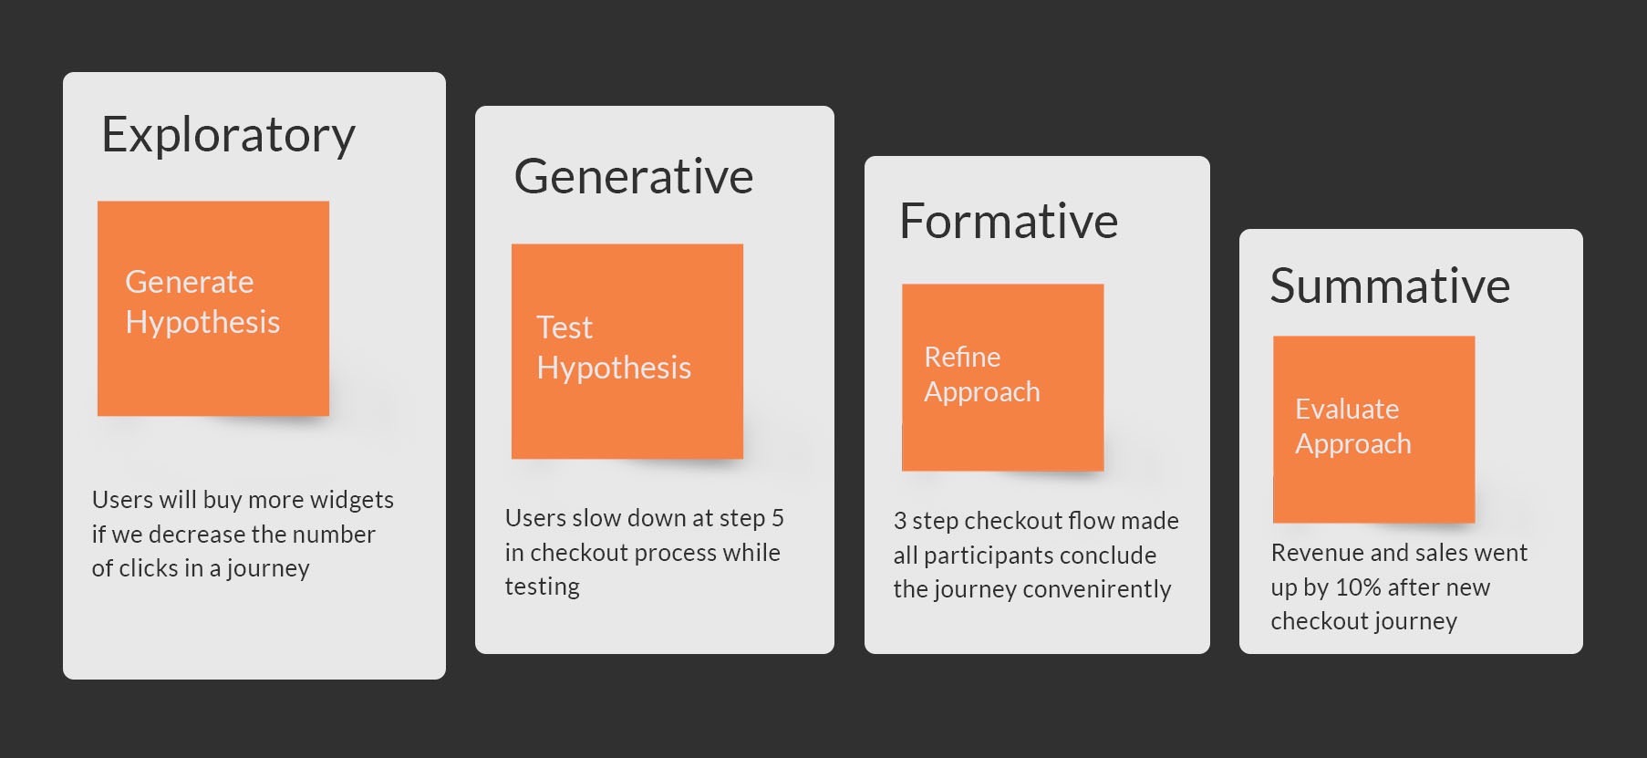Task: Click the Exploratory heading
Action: tap(228, 135)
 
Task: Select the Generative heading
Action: tap(633, 176)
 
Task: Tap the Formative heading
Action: tap(1008, 221)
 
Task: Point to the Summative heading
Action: tap(1389, 286)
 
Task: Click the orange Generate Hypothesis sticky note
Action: tap(213, 307)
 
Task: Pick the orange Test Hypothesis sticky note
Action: tap(627, 350)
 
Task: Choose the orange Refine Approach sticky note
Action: tap(1002, 377)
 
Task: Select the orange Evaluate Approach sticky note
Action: tap(1373, 429)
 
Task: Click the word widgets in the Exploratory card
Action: tap(351, 500)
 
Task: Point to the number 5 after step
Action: tap(778, 518)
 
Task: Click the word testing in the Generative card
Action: tap(542, 587)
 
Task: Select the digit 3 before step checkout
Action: tap(900, 521)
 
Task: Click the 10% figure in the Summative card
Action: tap(1358, 587)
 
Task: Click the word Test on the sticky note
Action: tap(565, 327)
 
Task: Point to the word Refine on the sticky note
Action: tap(962, 357)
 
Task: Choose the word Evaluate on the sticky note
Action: tap(1347, 409)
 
